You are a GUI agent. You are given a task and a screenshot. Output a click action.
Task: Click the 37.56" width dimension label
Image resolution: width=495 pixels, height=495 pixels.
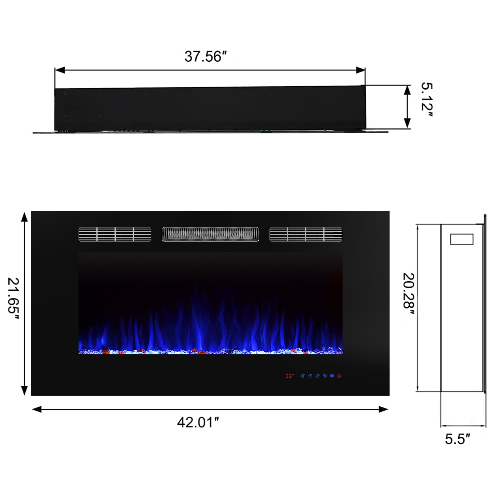pyautogui.click(x=206, y=57)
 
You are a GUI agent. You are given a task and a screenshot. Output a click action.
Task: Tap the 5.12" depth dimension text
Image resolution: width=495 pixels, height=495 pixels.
pyautogui.click(x=427, y=100)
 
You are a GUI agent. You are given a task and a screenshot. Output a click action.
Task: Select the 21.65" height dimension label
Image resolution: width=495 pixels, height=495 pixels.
pyautogui.click(x=14, y=299)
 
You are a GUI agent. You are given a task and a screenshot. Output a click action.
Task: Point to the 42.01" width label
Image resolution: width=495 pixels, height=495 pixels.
pyautogui.click(x=198, y=422)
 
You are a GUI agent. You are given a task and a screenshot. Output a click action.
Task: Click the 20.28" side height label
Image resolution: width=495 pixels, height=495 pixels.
pyautogui.click(x=409, y=294)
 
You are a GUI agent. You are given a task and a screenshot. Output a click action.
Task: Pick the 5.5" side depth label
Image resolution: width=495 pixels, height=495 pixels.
pyautogui.click(x=458, y=439)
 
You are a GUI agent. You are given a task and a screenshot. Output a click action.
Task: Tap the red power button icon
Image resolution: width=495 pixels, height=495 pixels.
pyautogui.click(x=339, y=376)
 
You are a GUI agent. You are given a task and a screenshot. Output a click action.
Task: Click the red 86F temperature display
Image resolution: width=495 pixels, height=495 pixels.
pyautogui.click(x=290, y=376)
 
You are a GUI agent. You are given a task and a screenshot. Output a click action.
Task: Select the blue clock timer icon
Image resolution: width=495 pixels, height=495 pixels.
pyautogui.click(x=310, y=376)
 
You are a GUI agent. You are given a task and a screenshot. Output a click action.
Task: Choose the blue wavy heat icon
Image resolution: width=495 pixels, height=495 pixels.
pyautogui.click(x=318, y=376)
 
